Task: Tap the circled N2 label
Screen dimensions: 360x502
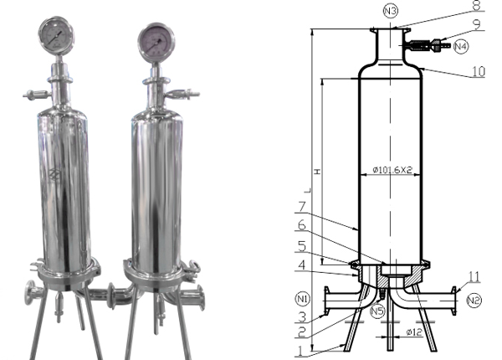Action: click(474, 297)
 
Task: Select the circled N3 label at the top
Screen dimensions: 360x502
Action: click(390, 11)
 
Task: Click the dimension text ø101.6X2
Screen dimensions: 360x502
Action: click(391, 170)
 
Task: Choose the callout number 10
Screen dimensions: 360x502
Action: click(479, 73)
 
